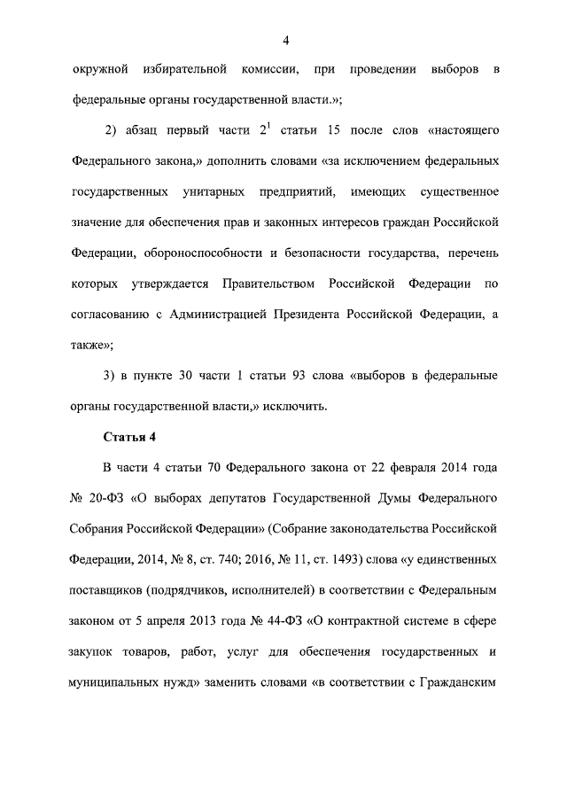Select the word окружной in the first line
95,69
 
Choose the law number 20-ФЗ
107,499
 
